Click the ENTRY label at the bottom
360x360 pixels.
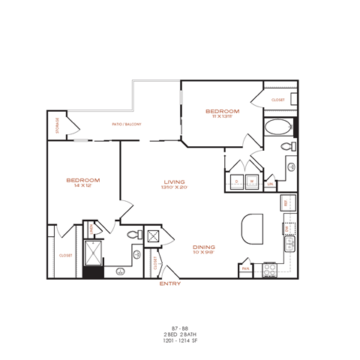(x=170, y=284)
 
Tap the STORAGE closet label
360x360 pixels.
(x=56, y=126)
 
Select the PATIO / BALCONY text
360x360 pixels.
(x=127, y=124)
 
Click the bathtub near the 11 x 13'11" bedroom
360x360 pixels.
(x=277, y=126)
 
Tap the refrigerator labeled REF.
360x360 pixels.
(x=286, y=202)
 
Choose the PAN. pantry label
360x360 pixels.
(x=245, y=268)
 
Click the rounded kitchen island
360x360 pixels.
(x=253, y=226)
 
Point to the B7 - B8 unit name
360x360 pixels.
(x=179, y=328)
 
